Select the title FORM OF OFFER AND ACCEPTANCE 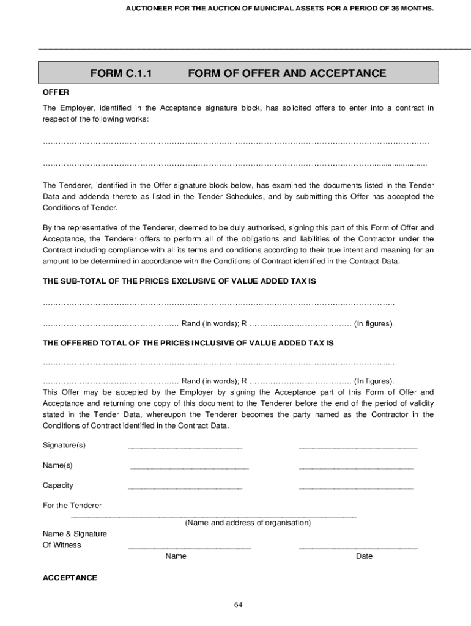point(287,74)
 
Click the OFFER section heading point(56,92)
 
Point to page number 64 point(239,605)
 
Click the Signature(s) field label point(64,445)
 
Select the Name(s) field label point(57,465)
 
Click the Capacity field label point(58,485)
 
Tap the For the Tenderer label point(72,506)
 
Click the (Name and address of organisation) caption point(248,523)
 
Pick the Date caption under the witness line point(364,556)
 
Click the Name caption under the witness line point(176,556)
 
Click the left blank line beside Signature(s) point(185,448)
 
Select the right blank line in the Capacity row point(355,488)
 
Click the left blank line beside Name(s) point(190,468)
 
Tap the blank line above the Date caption point(358,548)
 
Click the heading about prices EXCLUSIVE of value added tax point(179,281)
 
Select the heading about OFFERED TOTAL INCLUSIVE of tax point(188,344)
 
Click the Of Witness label point(62,545)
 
